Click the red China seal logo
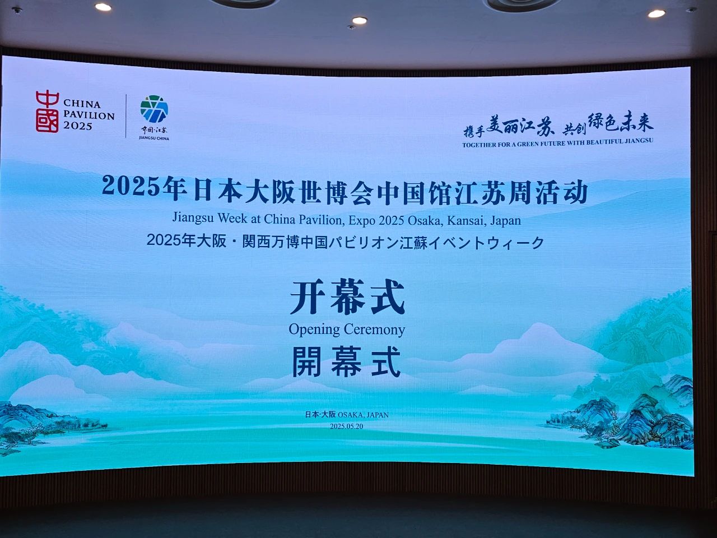point(48,112)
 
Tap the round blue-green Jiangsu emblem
point(154,109)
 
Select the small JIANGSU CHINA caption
point(154,138)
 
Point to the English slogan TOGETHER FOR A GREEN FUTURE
point(557,143)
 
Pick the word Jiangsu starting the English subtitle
point(193,218)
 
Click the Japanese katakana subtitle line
point(345,242)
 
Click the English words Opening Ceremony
point(347,330)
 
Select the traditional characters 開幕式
point(347,362)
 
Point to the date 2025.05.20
point(347,426)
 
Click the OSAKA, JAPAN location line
point(347,415)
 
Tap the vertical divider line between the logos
point(126,115)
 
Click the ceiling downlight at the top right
point(657,13)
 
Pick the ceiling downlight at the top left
point(103,7)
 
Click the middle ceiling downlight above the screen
point(360,20)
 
